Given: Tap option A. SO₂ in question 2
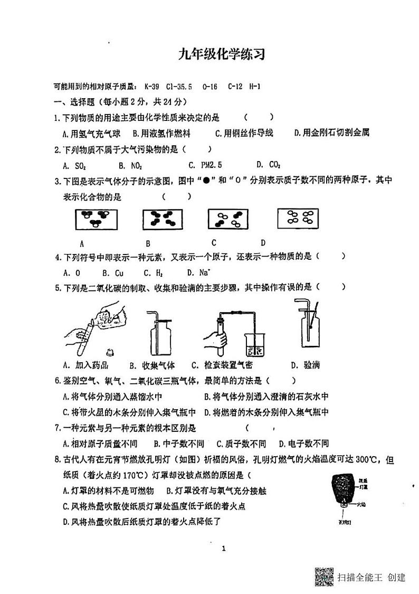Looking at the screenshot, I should tap(73, 165).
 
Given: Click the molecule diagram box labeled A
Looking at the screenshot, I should tap(95, 220).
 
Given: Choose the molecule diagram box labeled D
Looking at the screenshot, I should tap(299, 219).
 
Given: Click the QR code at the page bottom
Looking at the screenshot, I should tap(324, 576).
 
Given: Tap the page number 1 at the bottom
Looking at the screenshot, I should tap(224, 549).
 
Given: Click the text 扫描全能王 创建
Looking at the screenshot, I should tap(372, 577).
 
